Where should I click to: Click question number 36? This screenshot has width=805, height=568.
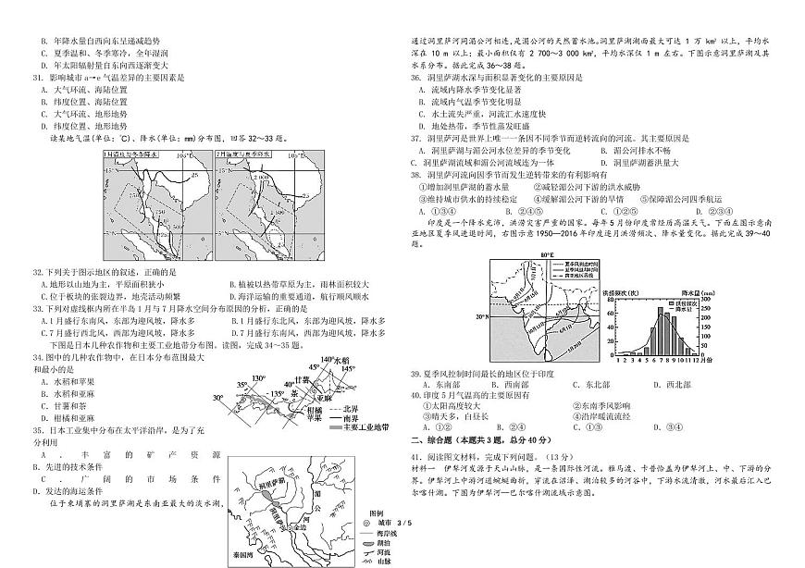tap(416, 77)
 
